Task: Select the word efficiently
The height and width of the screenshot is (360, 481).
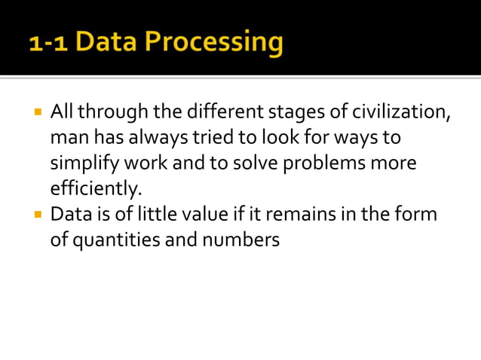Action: tap(96, 188)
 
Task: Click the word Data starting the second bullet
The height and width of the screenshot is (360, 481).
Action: tap(69, 214)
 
